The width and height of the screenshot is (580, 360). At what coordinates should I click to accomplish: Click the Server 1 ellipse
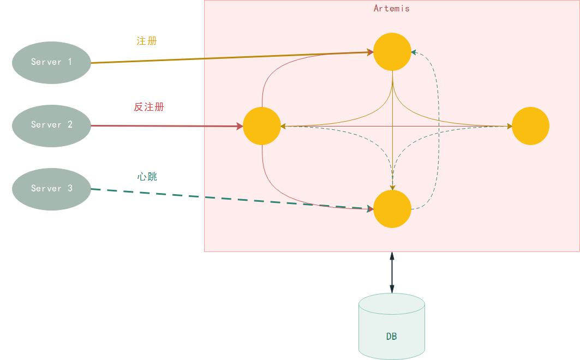[51, 63]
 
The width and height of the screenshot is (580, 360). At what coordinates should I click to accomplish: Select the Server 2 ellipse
[51, 125]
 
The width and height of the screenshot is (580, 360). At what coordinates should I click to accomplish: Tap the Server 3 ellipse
[51, 189]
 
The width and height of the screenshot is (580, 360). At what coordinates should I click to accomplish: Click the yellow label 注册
[146, 41]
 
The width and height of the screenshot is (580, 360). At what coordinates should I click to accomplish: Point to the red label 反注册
[149, 107]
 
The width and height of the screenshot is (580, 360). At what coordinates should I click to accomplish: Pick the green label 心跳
[147, 177]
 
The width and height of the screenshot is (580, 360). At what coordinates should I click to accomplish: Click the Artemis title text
[391, 9]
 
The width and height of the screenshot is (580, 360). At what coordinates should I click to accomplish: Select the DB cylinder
[392, 326]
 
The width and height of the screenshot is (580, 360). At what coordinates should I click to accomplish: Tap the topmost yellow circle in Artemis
[392, 52]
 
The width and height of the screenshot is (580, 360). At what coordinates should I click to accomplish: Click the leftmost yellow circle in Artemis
[262, 126]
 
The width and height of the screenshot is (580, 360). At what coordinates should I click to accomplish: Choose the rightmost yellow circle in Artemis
[530, 126]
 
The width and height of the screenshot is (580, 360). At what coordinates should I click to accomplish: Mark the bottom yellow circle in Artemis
[392, 209]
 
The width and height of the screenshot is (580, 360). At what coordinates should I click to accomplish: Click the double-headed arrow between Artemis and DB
[392, 273]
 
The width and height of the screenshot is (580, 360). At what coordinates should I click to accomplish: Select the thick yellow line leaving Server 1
[232, 57]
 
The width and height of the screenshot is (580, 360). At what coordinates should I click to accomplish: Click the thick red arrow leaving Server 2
[167, 126]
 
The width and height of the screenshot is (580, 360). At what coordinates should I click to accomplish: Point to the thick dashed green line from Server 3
[232, 199]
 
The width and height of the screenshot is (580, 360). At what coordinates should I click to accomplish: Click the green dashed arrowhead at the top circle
[414, 52]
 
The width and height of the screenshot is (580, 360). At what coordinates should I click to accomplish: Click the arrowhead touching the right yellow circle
[510, 127]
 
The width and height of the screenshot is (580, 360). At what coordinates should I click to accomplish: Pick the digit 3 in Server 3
[70, 188]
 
